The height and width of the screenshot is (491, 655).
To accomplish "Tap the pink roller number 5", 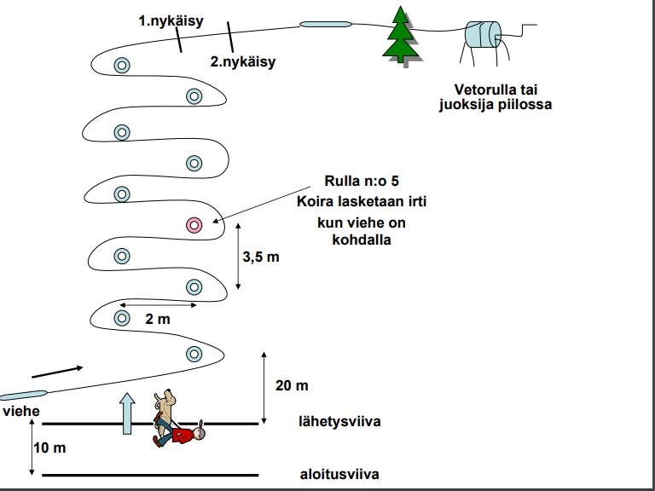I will coord(194,225).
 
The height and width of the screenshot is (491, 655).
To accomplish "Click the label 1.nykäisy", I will coord(171,22).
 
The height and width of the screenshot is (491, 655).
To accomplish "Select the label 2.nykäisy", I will coord(243,61).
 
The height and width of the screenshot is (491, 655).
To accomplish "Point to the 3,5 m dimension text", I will coord(261,256).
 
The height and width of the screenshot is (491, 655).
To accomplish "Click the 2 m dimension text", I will coord(158,319).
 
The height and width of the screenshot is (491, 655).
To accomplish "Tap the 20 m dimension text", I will coord(293,385).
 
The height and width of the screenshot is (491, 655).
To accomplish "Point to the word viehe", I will coord(20,411).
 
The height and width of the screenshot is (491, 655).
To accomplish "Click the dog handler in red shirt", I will coord(181,435).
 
